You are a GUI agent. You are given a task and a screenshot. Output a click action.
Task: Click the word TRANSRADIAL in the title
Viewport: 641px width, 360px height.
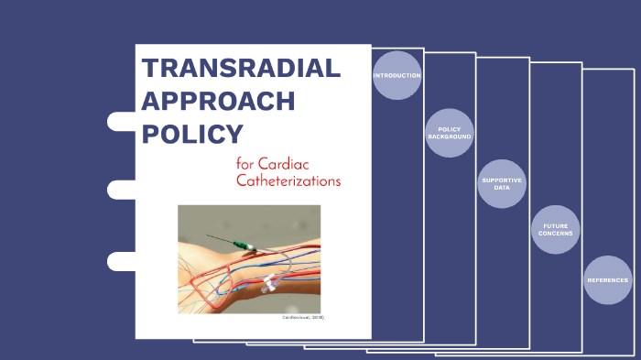coord(241,69)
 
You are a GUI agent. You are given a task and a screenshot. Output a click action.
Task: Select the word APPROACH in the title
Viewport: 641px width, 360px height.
coord(218,102)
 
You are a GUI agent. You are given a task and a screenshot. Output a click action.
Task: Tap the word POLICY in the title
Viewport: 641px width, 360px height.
coord(192,135)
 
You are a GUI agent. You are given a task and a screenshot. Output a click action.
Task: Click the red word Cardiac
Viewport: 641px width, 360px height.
coord(292,164)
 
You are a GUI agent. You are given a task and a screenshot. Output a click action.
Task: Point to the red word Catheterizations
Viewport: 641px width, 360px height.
coord(288,181)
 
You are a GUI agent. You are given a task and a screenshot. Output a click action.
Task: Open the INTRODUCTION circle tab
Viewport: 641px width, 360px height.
coord(397,75)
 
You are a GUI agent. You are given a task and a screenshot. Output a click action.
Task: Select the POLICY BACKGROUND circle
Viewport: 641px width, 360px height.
coord(450,133)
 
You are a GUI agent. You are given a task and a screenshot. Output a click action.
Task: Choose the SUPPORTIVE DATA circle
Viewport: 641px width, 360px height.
coord(502,183)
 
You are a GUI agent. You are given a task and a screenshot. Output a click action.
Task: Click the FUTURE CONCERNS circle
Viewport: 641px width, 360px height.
coord(556,230)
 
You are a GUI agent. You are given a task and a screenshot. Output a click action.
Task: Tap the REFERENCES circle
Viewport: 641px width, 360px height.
coord(608,279)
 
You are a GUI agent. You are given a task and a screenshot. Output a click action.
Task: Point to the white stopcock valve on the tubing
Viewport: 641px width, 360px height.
coord(270,282)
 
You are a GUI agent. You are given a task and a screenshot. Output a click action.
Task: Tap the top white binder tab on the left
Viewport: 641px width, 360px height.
coord(121,121)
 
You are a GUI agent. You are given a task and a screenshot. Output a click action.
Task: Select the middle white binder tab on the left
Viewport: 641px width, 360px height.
coord(121,190)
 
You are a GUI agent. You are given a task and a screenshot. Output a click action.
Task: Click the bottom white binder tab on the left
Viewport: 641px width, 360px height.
coord(121,261)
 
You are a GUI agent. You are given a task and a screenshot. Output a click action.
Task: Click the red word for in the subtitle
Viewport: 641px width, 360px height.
coord(244,164)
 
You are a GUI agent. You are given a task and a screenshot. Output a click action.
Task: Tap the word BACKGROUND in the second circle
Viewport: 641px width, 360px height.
coord(450,136)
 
